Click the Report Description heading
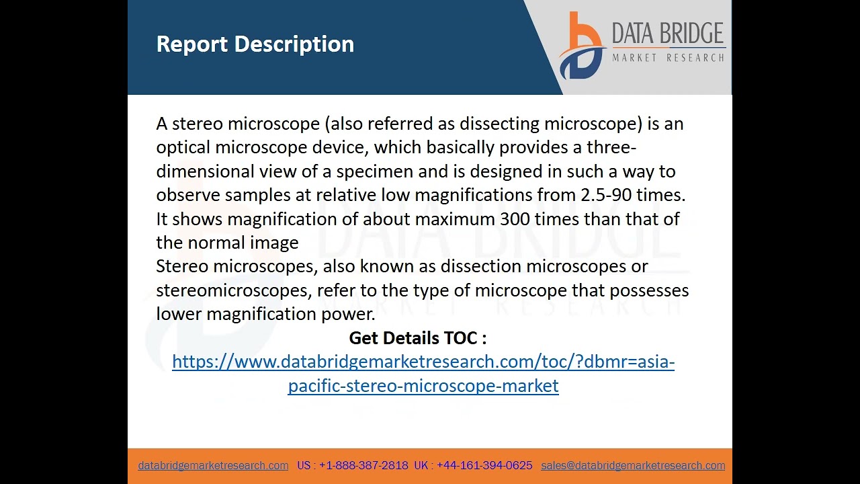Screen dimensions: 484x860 pyautogui.click(x=255, y=44)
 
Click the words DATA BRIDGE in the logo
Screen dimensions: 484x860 pyautogui.click(x=667, y=34)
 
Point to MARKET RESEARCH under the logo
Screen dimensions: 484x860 pyautogui.click(x=668, y=58)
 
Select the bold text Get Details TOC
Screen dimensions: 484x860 pyautogui.click(x=417, y=337)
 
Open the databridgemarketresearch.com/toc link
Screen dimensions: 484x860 pyautogui.click(x=423, y=362)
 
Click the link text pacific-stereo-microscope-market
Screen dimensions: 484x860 pyautogui.click(x=423, y=386)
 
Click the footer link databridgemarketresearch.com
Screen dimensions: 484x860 pyautogui.click(x=213, y=465)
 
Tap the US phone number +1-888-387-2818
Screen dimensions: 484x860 pyautogui.click(x=363, y=465)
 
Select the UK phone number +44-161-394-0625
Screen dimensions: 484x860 pyautogui.click(x=484, y=465)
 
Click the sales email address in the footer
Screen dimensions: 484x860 pyautogui.click(x=633, y=465)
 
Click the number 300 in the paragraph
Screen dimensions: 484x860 pyautogui.click(x=515, y=219)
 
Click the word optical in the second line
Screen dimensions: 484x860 pyautogui.click(x=183, y=147)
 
